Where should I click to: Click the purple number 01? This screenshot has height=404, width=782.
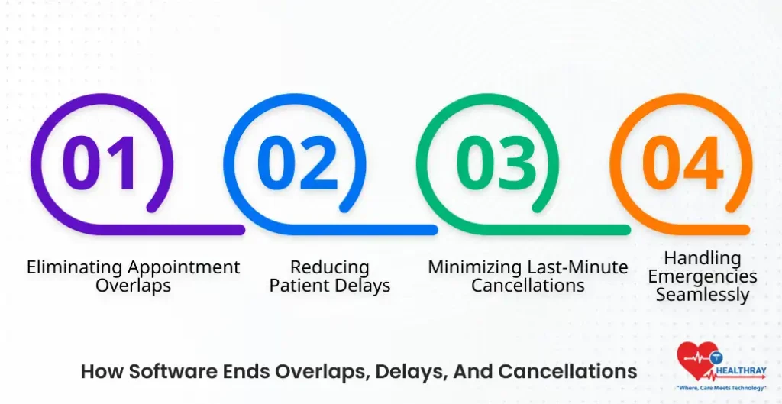tap(101, 163)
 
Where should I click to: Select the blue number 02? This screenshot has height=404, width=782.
tap(296, 163)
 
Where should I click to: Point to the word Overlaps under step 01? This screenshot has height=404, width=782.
tap(133, 286)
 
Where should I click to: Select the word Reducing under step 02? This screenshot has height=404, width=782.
tap(329, 268)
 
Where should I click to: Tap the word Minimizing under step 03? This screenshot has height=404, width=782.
tap(476, 268)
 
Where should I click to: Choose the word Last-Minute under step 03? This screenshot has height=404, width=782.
tap(578, 268)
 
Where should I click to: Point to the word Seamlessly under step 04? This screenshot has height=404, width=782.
tap(703, 294)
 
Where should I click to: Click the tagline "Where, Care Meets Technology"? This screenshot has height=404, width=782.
tap(722, 389)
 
